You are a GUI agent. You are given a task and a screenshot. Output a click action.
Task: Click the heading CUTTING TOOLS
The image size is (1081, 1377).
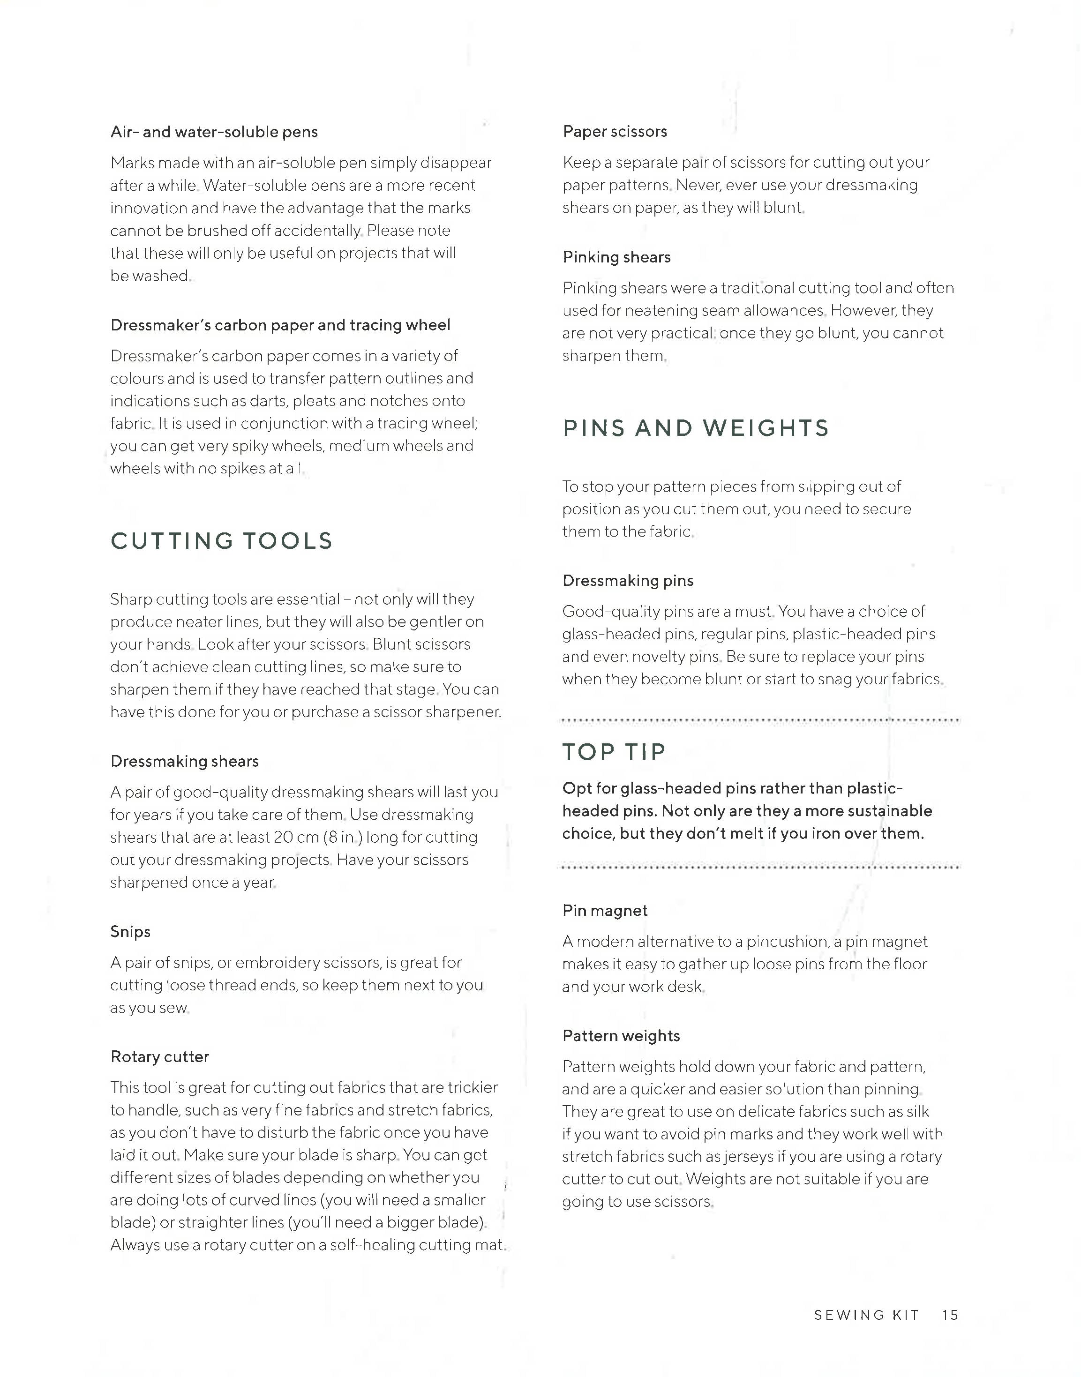[x=222, y=541]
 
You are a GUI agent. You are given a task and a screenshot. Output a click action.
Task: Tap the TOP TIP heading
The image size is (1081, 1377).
[x=614, y=752]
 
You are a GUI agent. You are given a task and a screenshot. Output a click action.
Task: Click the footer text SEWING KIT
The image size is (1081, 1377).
[x=866, y=1315]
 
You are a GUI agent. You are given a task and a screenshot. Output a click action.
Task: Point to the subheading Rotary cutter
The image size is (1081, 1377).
[x=159, y=1057]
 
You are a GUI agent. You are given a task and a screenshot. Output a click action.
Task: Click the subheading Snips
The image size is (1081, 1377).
[x=130, y=931]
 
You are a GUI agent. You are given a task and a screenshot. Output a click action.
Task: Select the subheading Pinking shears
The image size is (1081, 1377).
[x=616, y=257]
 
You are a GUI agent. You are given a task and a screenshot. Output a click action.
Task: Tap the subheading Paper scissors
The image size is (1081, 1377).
[x=615, y=132]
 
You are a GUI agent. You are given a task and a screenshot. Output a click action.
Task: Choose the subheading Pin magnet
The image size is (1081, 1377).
[x=604, y=911]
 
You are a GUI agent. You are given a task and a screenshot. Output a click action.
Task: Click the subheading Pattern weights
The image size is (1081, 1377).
[x=621, y=1036]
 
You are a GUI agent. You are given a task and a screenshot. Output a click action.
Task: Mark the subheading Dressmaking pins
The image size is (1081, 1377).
[x=628, y=581]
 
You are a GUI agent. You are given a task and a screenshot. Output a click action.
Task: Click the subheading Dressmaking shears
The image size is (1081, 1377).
[x=184, y=761]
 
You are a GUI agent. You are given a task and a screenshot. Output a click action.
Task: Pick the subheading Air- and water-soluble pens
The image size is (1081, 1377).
[x=214, y=132]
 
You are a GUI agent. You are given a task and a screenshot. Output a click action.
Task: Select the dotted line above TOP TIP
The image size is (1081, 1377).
[x=759, y=720]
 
